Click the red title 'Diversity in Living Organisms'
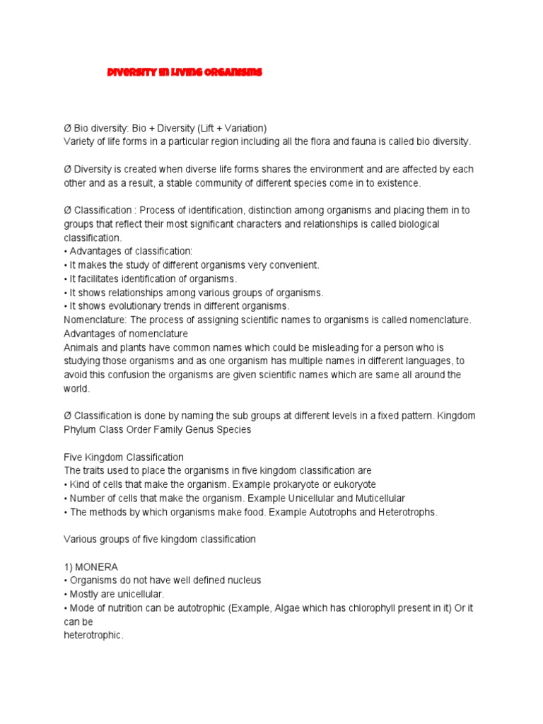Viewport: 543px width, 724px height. (184, 72)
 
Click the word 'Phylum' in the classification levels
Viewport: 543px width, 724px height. (80, 429)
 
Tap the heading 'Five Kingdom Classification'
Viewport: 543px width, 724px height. (124, 457)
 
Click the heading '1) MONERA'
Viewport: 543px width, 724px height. (91, 566)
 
